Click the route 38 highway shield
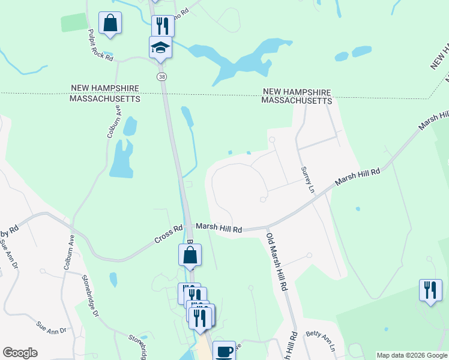click(x=161, y=77)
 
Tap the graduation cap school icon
click(x=160, y=46)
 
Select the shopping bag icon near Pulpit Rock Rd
click(x=110, y=23)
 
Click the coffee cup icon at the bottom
click(x=224, y=350)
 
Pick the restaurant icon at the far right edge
click(x=430, y=290)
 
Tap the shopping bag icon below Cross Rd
click(x=189, y=254)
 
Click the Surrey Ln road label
click(x=306, y=179)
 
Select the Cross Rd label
click(x=169, y=233)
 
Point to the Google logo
click(x=20, y=353)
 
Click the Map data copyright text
click(x=412, y=355)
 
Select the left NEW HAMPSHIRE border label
click(x=104, y=89)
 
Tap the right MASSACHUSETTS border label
click(x=297, y=101)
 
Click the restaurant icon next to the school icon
click(x=161, y=25)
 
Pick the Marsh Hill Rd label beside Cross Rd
click(x=218, y=229)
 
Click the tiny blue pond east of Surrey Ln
click(x=358, y=209)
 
